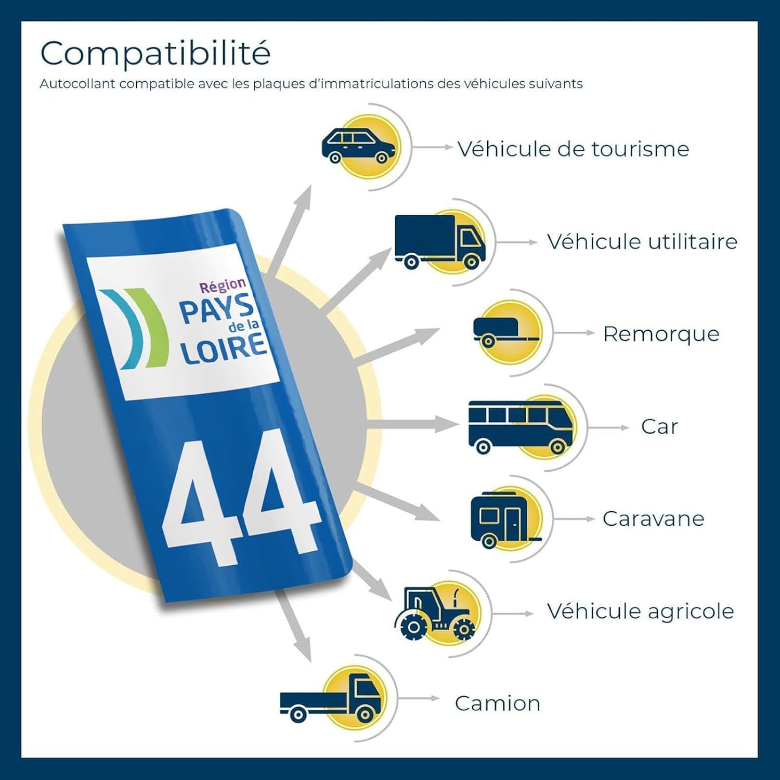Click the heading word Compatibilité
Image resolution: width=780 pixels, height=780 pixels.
(x=155, y=53)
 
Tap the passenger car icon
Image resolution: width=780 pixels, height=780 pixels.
(x=358, y=146)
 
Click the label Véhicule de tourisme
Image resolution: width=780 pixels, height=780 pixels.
(x=573, y=149)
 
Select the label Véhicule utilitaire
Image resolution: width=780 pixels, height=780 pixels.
(x=642, y=241)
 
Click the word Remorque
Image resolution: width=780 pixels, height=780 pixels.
(x=661, y=334)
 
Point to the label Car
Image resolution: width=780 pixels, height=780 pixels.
(x=659, y=427)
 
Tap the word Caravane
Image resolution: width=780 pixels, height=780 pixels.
(x=654, y=518)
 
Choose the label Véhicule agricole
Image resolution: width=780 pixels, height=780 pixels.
(x=640, y=611)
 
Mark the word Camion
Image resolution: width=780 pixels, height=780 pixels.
(x=498, y=704)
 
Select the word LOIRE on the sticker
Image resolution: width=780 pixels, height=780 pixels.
(x=224, y=348)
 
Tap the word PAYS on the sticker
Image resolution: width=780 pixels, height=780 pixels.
(x=217, y=310)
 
